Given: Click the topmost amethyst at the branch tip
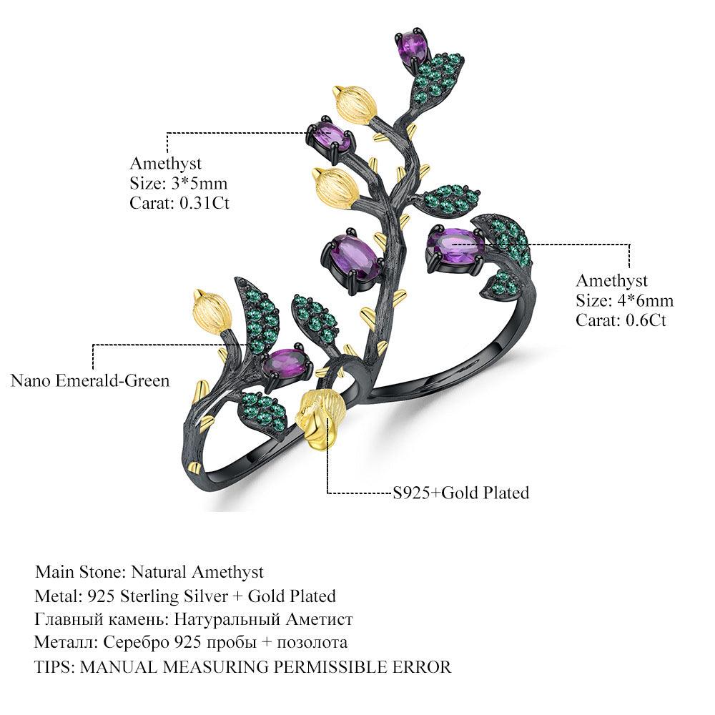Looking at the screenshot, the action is click(413, 44).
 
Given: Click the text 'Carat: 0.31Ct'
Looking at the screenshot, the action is click(179, 203).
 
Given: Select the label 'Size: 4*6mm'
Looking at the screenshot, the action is click(624, 300).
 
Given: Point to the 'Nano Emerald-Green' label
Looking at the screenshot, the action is click(90, 381).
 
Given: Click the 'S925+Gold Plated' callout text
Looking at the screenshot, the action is click(461, 493).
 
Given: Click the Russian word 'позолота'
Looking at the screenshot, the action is click(312, 643).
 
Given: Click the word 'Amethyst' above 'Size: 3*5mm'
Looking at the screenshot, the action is click(165, 164).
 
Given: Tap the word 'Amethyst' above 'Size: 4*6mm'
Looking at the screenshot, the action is click(611, 281).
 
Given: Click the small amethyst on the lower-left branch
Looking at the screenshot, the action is click(284, 362).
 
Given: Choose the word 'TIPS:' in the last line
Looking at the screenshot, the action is click(54, 667).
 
